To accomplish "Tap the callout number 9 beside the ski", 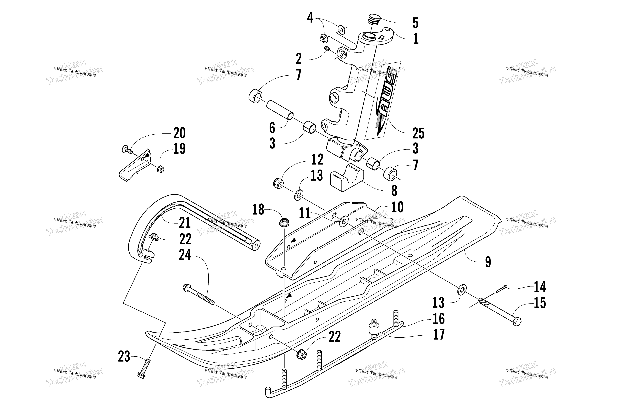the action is (488, 262).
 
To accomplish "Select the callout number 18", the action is (258, 210).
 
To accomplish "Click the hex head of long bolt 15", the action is (517, 322).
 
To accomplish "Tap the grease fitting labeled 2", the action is (327, 49).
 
